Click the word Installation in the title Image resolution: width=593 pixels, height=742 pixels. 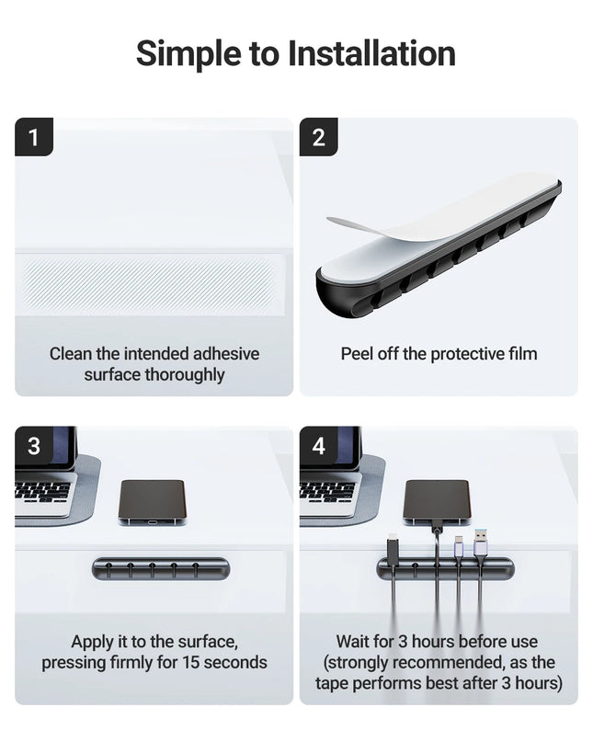coord(372,53)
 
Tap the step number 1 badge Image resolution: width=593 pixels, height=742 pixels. coord(34,138)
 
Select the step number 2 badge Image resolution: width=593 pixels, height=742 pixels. coord(319,138)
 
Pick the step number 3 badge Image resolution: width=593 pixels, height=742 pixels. coord(34,446)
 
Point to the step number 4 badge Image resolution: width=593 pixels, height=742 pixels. coord(319,446)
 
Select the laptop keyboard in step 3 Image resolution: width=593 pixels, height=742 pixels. coord(42,491)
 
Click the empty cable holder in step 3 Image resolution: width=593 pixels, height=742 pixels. coord(161,568)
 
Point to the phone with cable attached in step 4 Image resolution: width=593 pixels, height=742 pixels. coord(437,499)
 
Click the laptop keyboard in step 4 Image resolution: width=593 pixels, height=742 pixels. coord(327,491)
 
